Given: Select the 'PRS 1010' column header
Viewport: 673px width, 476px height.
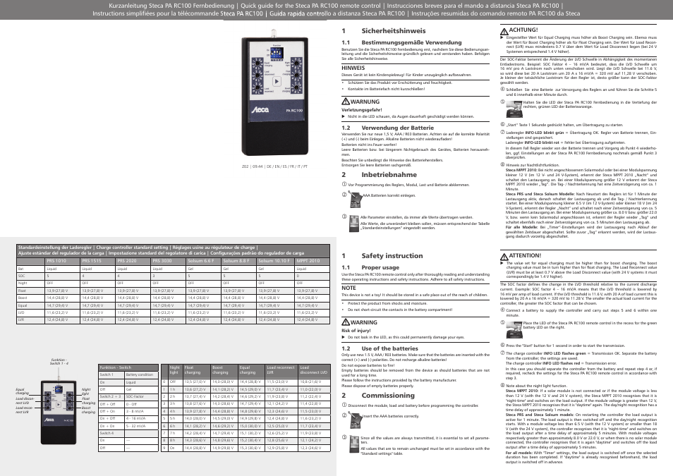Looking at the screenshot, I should [56, 261].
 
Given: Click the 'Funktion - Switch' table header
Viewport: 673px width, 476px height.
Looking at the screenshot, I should [115, 367].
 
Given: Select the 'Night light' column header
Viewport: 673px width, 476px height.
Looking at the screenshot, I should [175, 370].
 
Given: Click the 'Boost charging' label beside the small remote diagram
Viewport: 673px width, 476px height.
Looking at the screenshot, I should [88, 410].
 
